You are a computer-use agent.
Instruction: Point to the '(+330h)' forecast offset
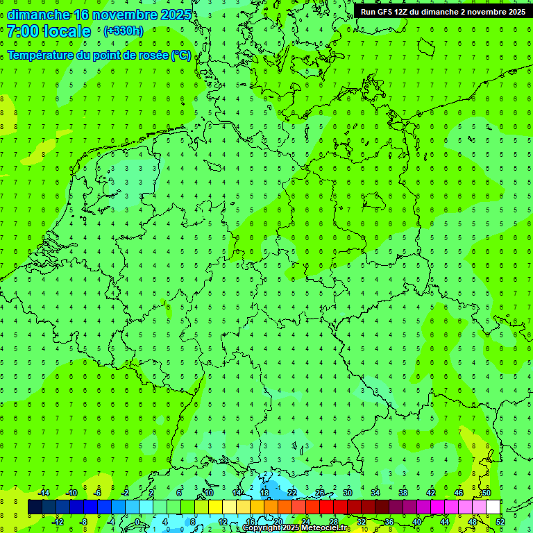[x=123, y=31]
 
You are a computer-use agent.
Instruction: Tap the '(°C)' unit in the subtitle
[x=181, y=55]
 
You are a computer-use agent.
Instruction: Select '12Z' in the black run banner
[x=401, y=12]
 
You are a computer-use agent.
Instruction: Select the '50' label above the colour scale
[x=486, y=493]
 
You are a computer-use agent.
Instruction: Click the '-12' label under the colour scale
[x=58, y=521]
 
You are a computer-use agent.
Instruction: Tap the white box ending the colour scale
[x=493, y=507]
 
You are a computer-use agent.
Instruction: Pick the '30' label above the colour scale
[x=347, y=493]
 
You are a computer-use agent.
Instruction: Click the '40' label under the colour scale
[x=417, y=521]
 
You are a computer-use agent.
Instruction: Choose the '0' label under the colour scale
[x=138, y=521]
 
